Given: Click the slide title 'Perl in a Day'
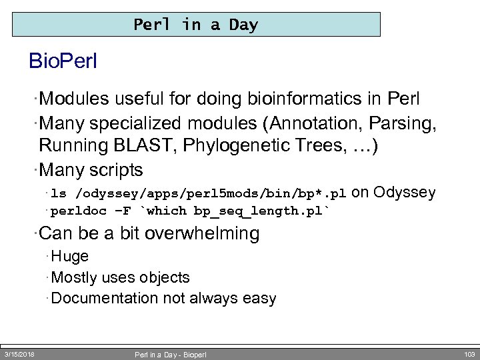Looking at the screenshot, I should point(195,25).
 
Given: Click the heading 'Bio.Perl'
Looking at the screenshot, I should point(63,61).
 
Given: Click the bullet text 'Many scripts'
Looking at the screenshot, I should point(91,169).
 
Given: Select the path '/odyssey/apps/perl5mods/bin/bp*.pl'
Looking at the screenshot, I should point(211,194).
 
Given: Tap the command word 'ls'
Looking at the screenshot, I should point(59,194).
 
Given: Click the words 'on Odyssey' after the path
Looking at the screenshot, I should point(393,193).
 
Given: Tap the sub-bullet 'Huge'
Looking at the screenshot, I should point(69,256).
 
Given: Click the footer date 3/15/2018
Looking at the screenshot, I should point(19,354).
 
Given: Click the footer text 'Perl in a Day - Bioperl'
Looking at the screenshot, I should point(171,355).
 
